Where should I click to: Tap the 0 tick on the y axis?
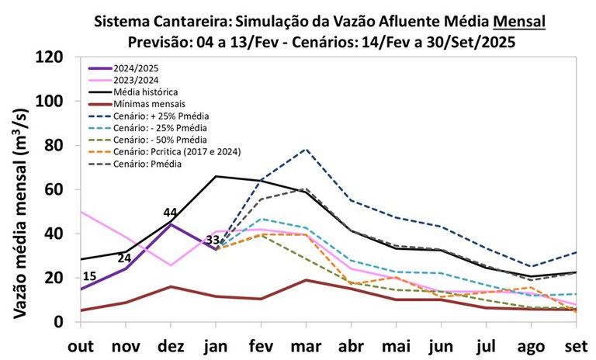[68, 322]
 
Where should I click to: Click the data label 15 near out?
[90, 277]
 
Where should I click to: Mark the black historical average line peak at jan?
[216, 176]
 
